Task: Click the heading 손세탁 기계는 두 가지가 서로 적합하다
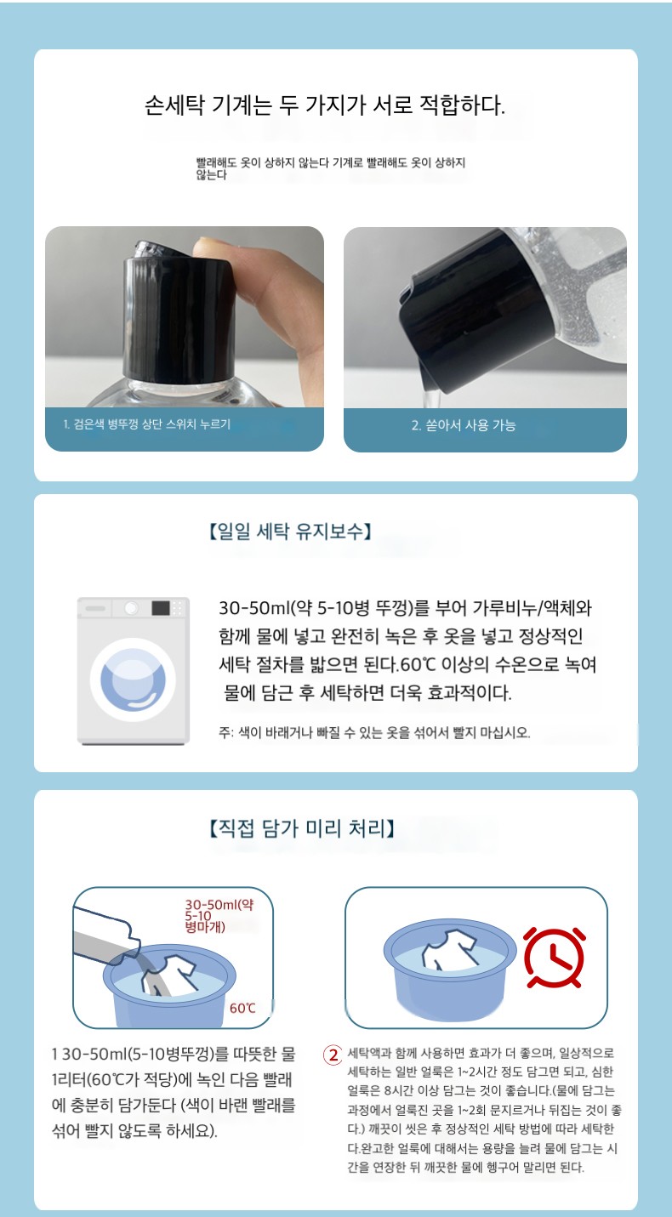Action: point(325,105)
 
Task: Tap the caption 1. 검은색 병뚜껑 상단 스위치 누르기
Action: point(146,424)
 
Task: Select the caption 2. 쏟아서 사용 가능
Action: point(464,425)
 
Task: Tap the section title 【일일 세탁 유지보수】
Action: point(290,532)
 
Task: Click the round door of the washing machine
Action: point(133,680)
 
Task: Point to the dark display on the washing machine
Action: point(160,608)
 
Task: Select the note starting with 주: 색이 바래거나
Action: point(374,732)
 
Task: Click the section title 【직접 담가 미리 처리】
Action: point(302,828)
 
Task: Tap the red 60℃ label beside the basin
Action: point(242,1009)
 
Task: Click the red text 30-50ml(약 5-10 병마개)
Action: point(219,916)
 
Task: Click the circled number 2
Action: point(333,1055)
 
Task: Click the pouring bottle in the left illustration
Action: point(106,937)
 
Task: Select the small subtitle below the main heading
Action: point(331,168)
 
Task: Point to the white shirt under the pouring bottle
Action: point(169,975)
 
